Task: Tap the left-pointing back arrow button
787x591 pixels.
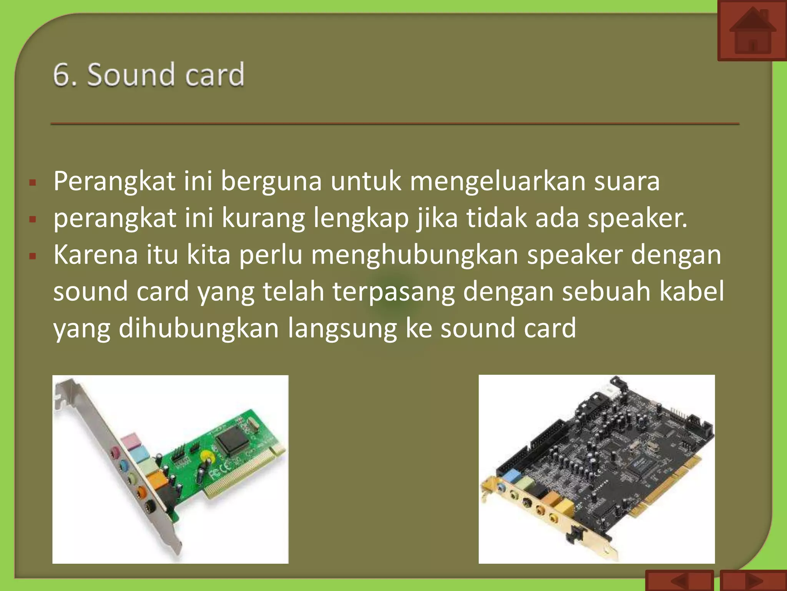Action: (679, 581)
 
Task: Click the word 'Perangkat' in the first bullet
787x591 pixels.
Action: (114, 181)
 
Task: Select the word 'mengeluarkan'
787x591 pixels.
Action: (497, 181)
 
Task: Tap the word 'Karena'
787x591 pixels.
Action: (95, 255)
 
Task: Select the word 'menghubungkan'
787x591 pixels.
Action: (414, 255)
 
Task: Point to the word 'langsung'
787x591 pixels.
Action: (342, 328)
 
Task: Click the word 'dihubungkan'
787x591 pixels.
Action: (199, 328)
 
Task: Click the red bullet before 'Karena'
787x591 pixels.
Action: (33, 256)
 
